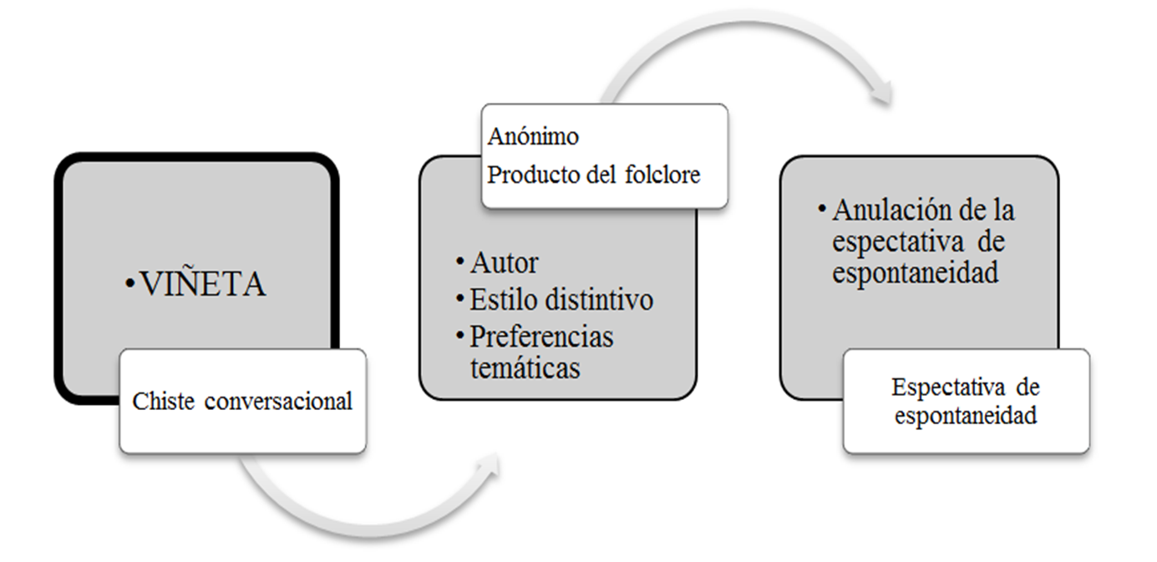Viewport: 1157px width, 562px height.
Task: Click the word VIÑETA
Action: coord(203,285)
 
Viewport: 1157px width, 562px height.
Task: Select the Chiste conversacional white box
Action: coord(242,402)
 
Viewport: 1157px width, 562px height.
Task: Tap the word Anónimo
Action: coord(533,135)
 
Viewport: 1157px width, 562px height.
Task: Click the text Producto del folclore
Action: coord(593,175)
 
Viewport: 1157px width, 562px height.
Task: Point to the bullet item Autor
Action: coord(504,263)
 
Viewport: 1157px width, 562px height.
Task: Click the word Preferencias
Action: coord(541,336)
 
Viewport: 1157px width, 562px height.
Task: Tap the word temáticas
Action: coord(525,367)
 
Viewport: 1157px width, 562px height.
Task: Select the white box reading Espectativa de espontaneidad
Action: coord(966,401)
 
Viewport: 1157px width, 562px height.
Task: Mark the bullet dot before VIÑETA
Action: coord(130,286)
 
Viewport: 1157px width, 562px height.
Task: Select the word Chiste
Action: coord(162,402)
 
